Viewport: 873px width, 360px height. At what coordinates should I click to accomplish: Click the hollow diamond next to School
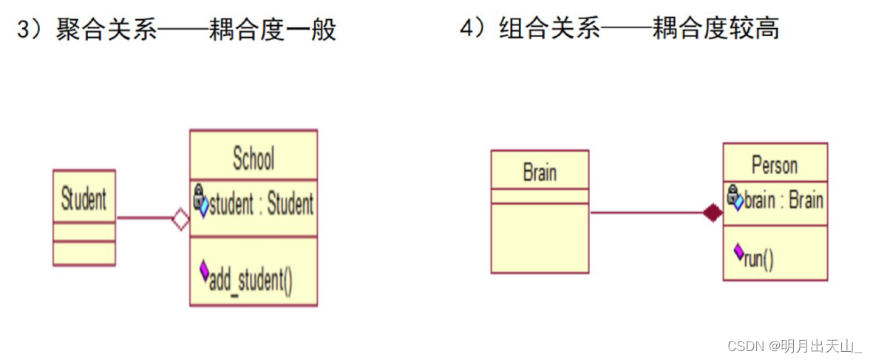[181, 219]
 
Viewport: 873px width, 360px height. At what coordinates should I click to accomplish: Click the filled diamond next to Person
[713, 213]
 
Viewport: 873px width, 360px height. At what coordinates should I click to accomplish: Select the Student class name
[84, 199]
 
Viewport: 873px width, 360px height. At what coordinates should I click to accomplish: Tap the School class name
[254, 158]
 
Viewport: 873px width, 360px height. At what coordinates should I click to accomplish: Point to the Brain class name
[540, 173]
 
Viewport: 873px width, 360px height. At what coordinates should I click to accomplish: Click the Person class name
[775, 165]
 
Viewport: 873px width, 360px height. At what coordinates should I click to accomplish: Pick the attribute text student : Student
[261, 204]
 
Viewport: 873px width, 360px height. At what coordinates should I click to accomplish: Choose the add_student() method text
[251, 280]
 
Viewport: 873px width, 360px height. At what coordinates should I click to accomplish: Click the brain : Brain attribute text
[784, 200]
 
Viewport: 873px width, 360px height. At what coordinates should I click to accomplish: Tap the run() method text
[758, 260]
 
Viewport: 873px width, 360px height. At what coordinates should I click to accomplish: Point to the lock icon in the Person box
[733, 194]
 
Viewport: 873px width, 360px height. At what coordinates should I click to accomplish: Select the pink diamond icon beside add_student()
[204, 272]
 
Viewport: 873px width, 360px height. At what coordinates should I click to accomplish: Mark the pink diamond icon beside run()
[738, 251]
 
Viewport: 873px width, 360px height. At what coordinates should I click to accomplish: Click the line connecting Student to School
[144, 218]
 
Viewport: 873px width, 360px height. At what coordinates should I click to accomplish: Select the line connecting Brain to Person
[647, 213]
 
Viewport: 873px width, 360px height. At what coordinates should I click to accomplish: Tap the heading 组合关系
[550, 30]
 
